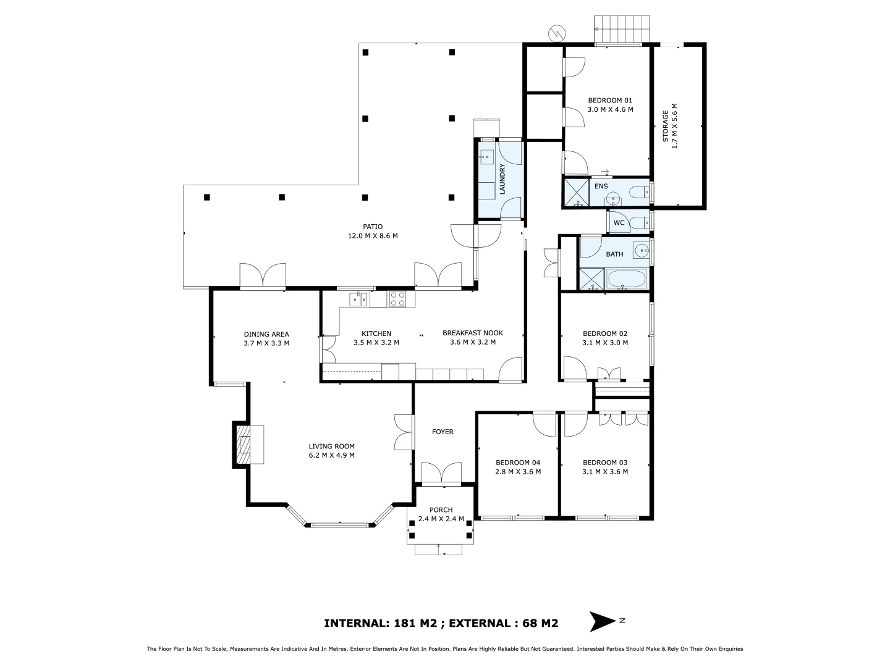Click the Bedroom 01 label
[610, 101]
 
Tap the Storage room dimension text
[675, 126]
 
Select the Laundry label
[502, 179]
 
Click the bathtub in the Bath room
[627, 279]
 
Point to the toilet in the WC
[641, 222]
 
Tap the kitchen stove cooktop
[397, 299]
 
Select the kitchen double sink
[358, 300]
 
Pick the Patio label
[373, 227]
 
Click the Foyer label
[443, 432]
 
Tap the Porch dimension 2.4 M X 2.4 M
[441, 519]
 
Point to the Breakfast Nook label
[473, 333]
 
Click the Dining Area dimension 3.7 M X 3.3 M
[266, 343]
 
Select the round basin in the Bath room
[642, 251]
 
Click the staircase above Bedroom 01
[622, 29]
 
